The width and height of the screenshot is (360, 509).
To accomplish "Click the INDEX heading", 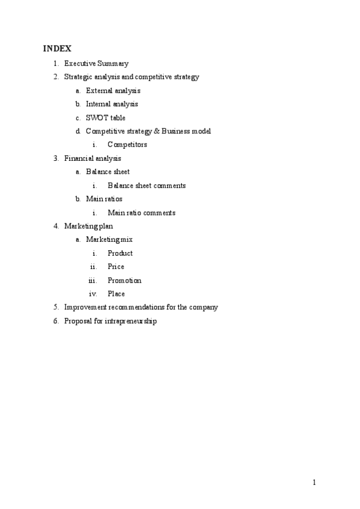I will click(x=57, y=48).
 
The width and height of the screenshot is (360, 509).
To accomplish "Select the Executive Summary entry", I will click(x=96, y=63).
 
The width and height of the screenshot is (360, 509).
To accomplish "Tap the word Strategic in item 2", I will click(x=79, y=77).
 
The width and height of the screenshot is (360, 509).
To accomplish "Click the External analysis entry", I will click(x=113, y=91).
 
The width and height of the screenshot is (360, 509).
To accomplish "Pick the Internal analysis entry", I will click(x=112, y=104).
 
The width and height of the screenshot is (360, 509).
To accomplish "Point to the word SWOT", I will click(x=97, y=118).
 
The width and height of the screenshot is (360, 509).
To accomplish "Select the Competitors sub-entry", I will click(x=127, y=145).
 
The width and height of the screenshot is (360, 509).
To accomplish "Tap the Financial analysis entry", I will click(x=92, y=158).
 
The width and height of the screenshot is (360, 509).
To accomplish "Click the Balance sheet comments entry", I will click(x=146, y=185).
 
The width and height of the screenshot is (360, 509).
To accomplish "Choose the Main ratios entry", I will click(x=104, y=199).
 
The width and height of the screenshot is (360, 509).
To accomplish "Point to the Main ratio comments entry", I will click(x=142, y=212).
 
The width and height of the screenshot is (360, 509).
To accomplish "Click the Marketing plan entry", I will click(x=88, y=226).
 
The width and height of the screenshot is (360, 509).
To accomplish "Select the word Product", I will click(x=120, y=253).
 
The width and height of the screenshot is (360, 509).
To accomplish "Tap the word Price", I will click(x=116, y=267).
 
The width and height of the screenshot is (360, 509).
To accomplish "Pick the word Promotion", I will click(x=124, y=280).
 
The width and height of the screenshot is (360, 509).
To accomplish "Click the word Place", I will click(x=116, y=294).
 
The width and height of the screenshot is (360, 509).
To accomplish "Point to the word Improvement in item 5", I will click(x=88, y=307).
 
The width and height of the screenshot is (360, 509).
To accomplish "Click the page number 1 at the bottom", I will click(x=314, y=482).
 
